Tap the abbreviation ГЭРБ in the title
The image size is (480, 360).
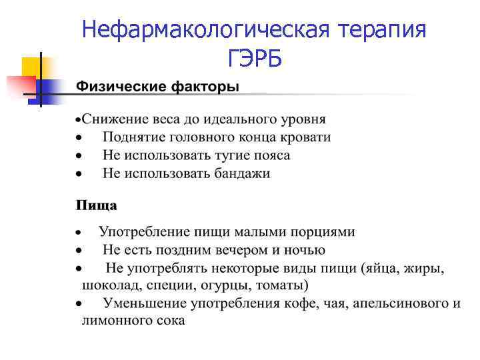tap(254, 59)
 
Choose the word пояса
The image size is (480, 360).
tap(269, 155)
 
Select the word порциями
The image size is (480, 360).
tap(323, 232)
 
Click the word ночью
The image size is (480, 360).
tap(305, 250)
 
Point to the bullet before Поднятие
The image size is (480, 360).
tap(79, 138)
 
